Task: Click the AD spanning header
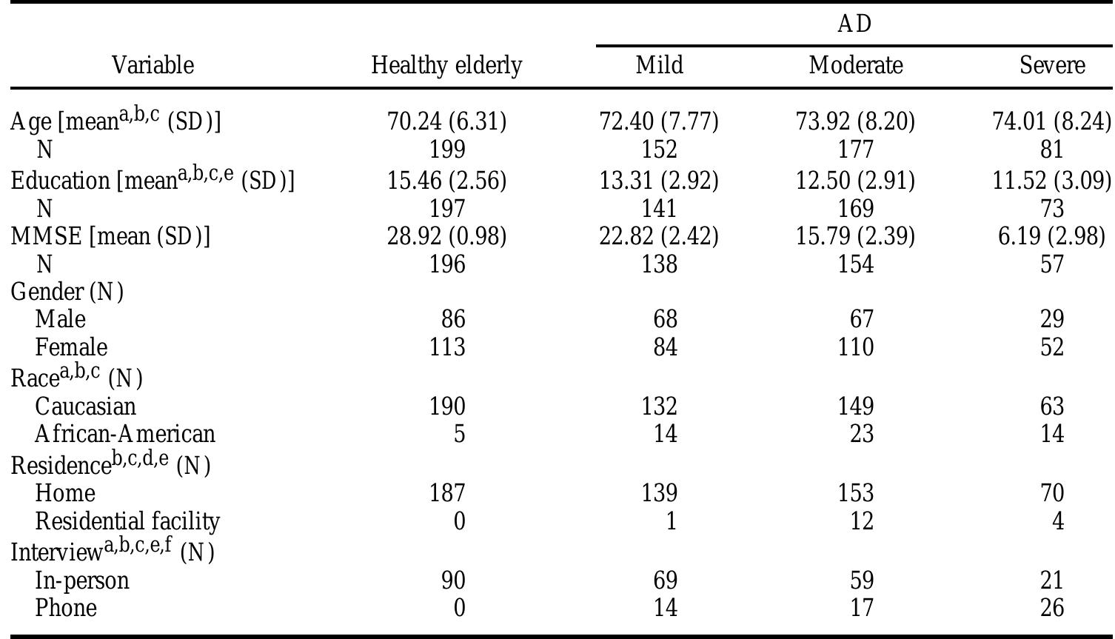(854, 24)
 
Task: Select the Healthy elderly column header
(446, 66)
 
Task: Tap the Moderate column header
(856, 66)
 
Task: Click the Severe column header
(1052, 66)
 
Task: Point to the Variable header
(153, 66)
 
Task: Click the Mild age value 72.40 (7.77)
(658, 121)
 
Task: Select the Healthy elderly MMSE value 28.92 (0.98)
(446, 236)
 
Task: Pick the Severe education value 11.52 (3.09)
(1052, 180)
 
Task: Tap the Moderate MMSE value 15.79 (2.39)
(856, 236)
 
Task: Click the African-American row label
(125, 434)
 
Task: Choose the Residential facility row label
(127, 521)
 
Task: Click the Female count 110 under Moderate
(856, 347)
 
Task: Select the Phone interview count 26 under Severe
(1051, 609)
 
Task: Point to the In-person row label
(82, 581)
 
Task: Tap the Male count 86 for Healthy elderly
(452, 319)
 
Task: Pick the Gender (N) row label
(67, 292)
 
